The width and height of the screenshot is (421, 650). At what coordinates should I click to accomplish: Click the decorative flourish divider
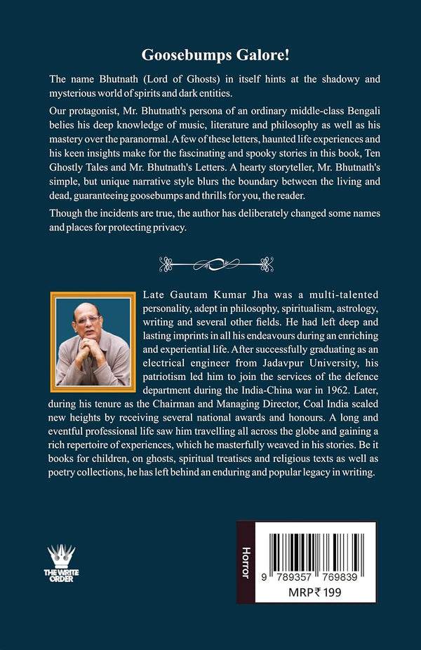pos(210,264)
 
